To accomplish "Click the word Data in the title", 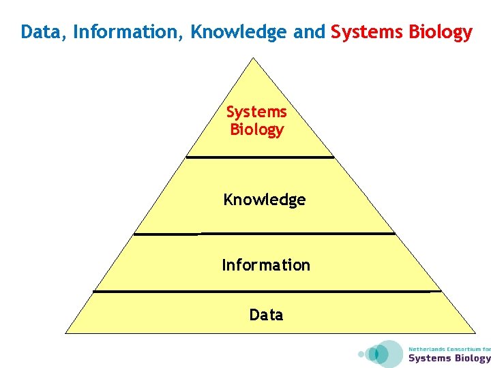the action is pyautogui.click(x=42, y=33).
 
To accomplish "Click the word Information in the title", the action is pyautogui.click(x=129, y=33).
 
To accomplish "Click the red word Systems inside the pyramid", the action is pyautogui.click(x=256, y=112).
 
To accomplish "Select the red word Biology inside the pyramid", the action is pyautogui.click(x=256, y=129).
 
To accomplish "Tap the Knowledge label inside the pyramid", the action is pyautogui.click(x=265, y=200).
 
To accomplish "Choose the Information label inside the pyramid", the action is pyautogui.click(x=266, y=264).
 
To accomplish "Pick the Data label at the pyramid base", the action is pyautogui.click(x=266, y=314).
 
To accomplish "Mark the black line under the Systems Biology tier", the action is pyautogui.click(x=260, y=157).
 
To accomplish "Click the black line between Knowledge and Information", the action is pyautogui.click(x=265, y=234).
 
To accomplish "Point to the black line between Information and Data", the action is pyautogui.click(x=267, y=292).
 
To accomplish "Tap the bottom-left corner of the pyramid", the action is pyautogui.click(x=66, y=333).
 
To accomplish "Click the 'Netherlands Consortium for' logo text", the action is pyautogui.click(x=449, y=349).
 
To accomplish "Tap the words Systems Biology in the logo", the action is pyautogui.click(x=449, y=358).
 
